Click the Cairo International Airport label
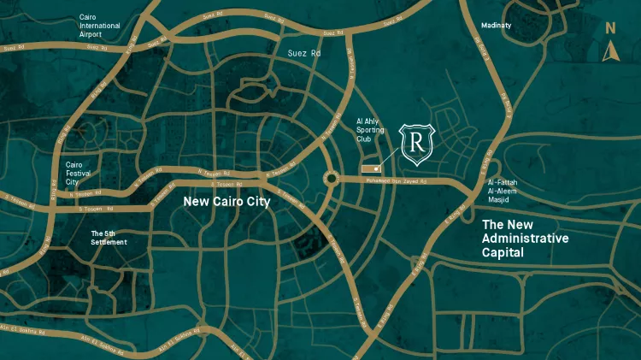coord(99,26)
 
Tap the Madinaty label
coord(496,26)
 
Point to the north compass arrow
coord(610,52)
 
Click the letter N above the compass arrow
coord(610,27)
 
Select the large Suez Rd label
coord(304,53)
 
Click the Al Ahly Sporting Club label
coord(374,131)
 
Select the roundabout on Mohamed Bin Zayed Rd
coord(330,179)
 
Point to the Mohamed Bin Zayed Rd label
coord(402,182)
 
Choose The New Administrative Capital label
coord(525,239)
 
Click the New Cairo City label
coord(226,202)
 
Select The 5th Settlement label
coord(109,237)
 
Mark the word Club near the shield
coord(365,139)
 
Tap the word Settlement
coord(109,242)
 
